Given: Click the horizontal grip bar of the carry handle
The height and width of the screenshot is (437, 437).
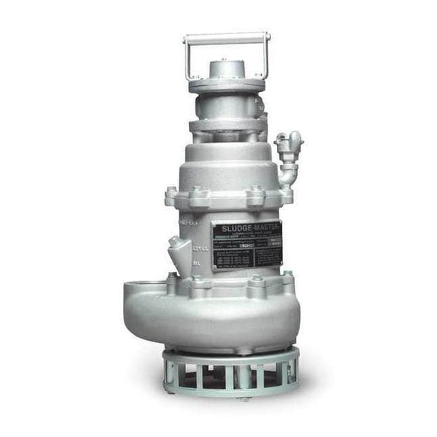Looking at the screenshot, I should coord(227,36).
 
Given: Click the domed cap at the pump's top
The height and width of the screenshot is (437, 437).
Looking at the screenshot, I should coord(226,70).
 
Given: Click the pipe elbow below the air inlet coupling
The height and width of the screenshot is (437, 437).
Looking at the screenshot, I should coord(287,176).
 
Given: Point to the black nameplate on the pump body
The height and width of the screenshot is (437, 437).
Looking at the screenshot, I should coord(247,244).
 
